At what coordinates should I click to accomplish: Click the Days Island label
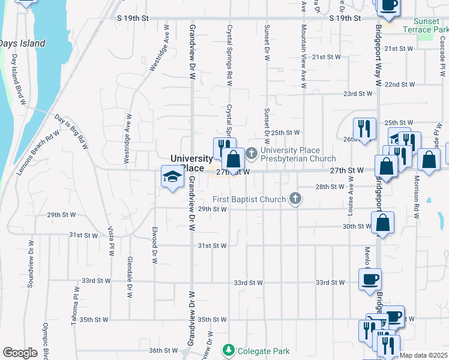click(22, 44)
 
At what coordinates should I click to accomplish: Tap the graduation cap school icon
click(172, 177)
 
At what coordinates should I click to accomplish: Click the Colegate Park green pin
click(228, 350)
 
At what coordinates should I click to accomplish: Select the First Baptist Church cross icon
click(295, 199)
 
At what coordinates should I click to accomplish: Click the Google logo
click(20, 353)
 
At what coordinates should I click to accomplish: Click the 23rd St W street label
click(358, 94)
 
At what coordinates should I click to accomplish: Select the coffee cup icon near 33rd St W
click(370, 278)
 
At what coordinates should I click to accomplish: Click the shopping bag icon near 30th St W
click(383, 222)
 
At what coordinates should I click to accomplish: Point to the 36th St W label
click(164, 350)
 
